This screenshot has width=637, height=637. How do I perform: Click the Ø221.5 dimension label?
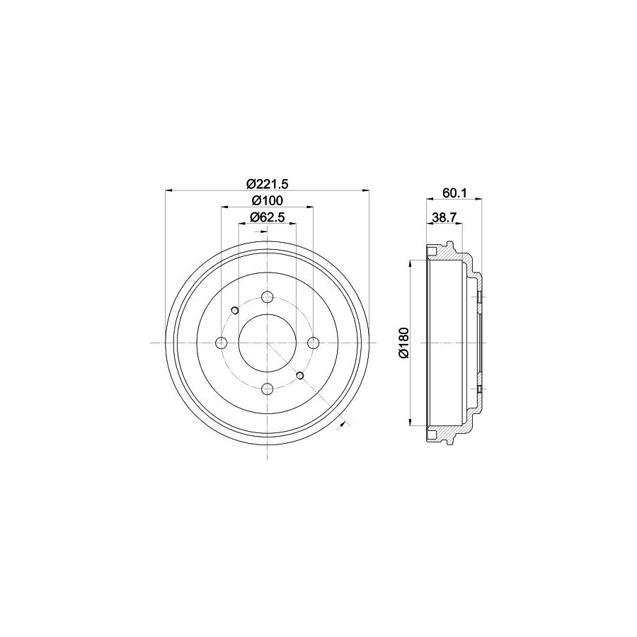click(268, 183)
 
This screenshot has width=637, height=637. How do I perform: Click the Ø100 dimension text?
click(268, 200)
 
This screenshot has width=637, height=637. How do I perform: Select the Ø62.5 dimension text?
click(268, 217)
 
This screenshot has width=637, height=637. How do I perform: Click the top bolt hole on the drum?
click(267, 297)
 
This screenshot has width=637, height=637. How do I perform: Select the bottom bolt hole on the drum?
click(267, 389)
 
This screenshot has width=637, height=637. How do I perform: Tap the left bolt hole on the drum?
click(221, 343)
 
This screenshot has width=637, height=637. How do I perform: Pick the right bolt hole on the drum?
click(313, 343)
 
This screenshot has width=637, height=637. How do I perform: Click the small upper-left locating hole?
click(234, 309)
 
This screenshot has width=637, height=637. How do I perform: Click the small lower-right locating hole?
click(300, 375)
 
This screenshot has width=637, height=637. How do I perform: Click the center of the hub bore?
click(267, 343)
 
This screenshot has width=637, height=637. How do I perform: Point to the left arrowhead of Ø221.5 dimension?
click(168, 190)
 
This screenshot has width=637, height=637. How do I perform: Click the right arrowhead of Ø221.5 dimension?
click(366, 190)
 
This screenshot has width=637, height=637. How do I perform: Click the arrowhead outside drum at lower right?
click(344, 423)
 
